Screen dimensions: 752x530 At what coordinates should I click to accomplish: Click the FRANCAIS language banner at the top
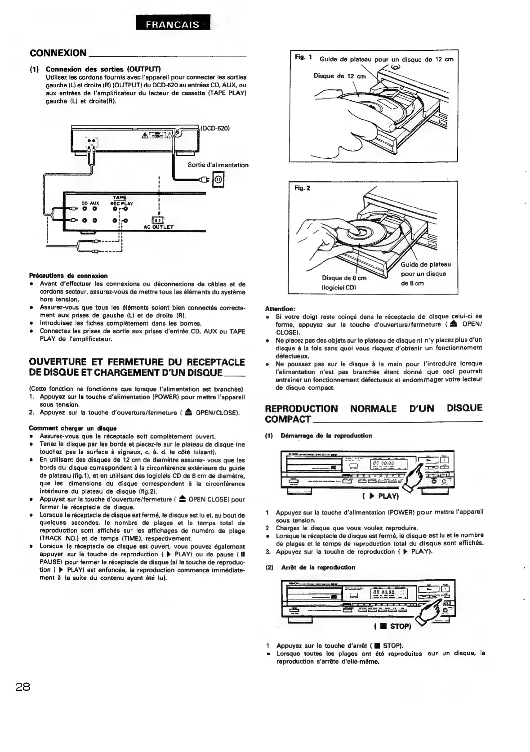pyautogui.click(x=173, y=25)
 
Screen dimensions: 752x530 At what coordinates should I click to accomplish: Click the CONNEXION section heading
pyautogui.click(x=58, y=54)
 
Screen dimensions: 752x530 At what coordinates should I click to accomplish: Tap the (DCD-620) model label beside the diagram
pyautogui.click(x=216, y=128)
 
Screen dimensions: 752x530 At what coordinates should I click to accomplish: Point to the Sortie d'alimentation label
pyautogui.click(x=218, y=165)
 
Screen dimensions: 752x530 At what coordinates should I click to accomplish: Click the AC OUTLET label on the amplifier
pyautogui.click(x=158, y=227)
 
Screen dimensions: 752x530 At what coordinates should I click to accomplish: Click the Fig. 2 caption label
pyautogui.click(x=300, y=188)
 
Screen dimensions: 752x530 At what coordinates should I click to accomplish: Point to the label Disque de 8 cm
pyautogui.click(x=344, y=278)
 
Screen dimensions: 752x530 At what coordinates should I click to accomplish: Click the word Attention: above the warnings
pyautogui.click(x=280, y=309)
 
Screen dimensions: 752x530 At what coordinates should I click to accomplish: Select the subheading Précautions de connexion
pyautogui.click(x=68, y=276)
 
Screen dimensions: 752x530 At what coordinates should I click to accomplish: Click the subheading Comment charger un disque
pyautogui.click(x=72, y=428)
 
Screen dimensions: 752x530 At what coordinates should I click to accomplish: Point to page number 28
pyautogui.click(x=22, y=687)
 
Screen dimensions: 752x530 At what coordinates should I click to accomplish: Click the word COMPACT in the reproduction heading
pyautogui.click(x=288, y=420)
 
